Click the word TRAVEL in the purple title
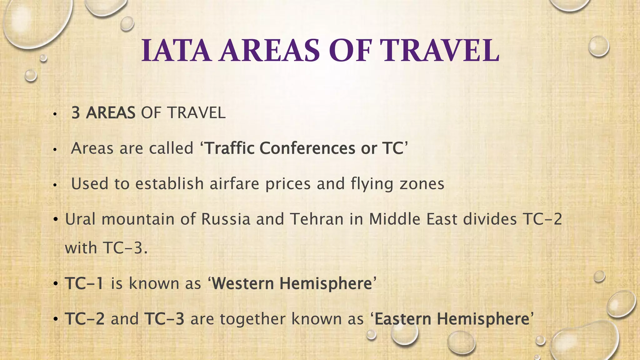[441, 51]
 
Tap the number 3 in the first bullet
[76, 113]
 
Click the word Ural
[80, 219]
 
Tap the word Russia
[226, 219]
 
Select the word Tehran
[317, 219]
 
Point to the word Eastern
[403, 319]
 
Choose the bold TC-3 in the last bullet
[164, 319]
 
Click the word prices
[288, 184]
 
